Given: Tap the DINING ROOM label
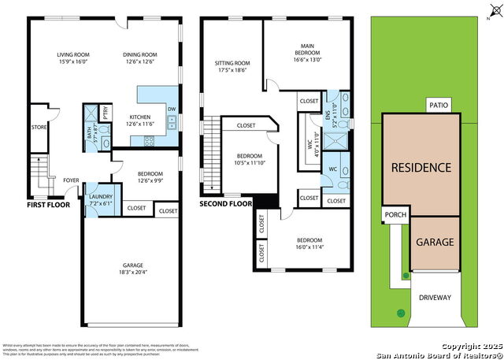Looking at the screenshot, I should (x=139, y=55).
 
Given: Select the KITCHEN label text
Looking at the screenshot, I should (x=139, y=117).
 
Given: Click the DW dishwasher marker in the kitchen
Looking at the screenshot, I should (x=172, y=109).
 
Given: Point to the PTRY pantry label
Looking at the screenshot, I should (x=105, y=109).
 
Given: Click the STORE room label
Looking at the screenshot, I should (x=39, y=126).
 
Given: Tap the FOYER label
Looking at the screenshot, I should (x=71, y=179).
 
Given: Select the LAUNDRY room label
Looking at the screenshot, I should (x=100, y=196).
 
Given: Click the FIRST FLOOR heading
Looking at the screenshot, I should (x=48, y=205).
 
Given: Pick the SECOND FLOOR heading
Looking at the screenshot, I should (x=225, y=203).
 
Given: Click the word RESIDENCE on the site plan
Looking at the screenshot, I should (x=421, y=168).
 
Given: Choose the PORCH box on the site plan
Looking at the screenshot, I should (x=393, y=215).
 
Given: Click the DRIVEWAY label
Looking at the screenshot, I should (x=434, y=298).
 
